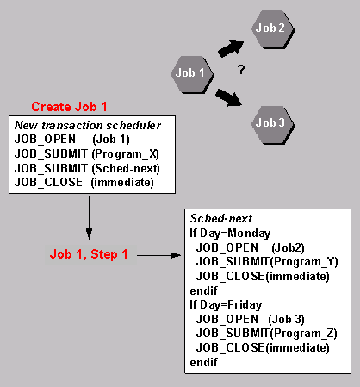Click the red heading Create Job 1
click(70, 107)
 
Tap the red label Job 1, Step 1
click(88, 255)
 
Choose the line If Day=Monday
click(229, 233)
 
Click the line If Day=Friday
click(226, 304)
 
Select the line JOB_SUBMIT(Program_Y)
click(266, 262)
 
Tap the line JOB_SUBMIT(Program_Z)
click(266, 334)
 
